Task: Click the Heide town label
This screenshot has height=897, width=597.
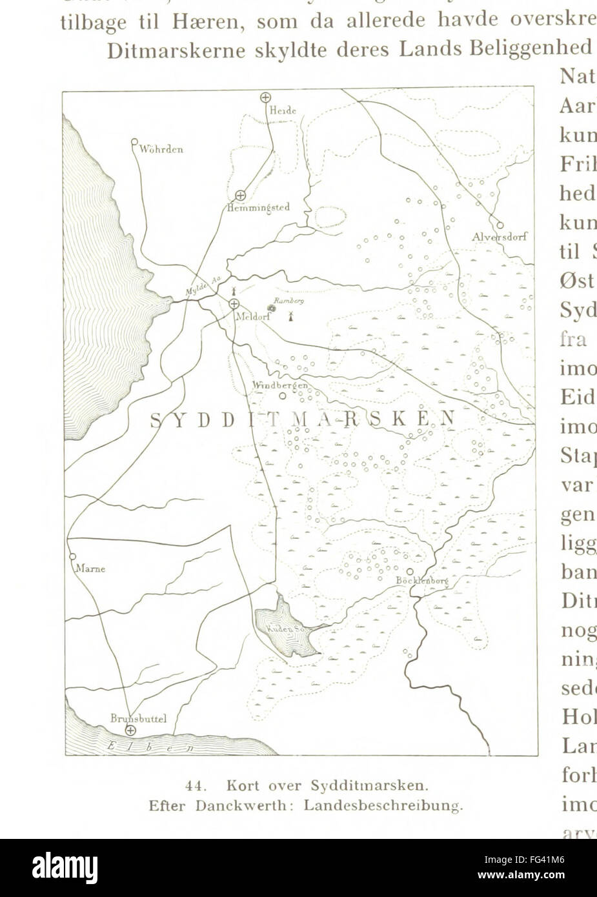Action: pos(283,111)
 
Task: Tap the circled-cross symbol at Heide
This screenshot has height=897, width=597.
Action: pos(265,97)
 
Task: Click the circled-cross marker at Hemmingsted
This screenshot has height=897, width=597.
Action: pos(240,194)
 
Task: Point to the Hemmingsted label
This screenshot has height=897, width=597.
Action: pos(258,208)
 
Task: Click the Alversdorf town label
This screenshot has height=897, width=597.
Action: pos(499,237)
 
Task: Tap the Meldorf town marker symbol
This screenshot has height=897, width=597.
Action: pos(234,303)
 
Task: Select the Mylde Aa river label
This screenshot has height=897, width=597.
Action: pos(204,285)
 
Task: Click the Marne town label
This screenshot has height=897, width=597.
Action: pos(90,569)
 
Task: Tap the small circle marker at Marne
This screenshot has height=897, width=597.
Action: pos(72,556)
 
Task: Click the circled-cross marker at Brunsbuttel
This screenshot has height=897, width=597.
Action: pos(131,730)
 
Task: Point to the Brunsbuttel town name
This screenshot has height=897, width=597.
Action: pos(138,718)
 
